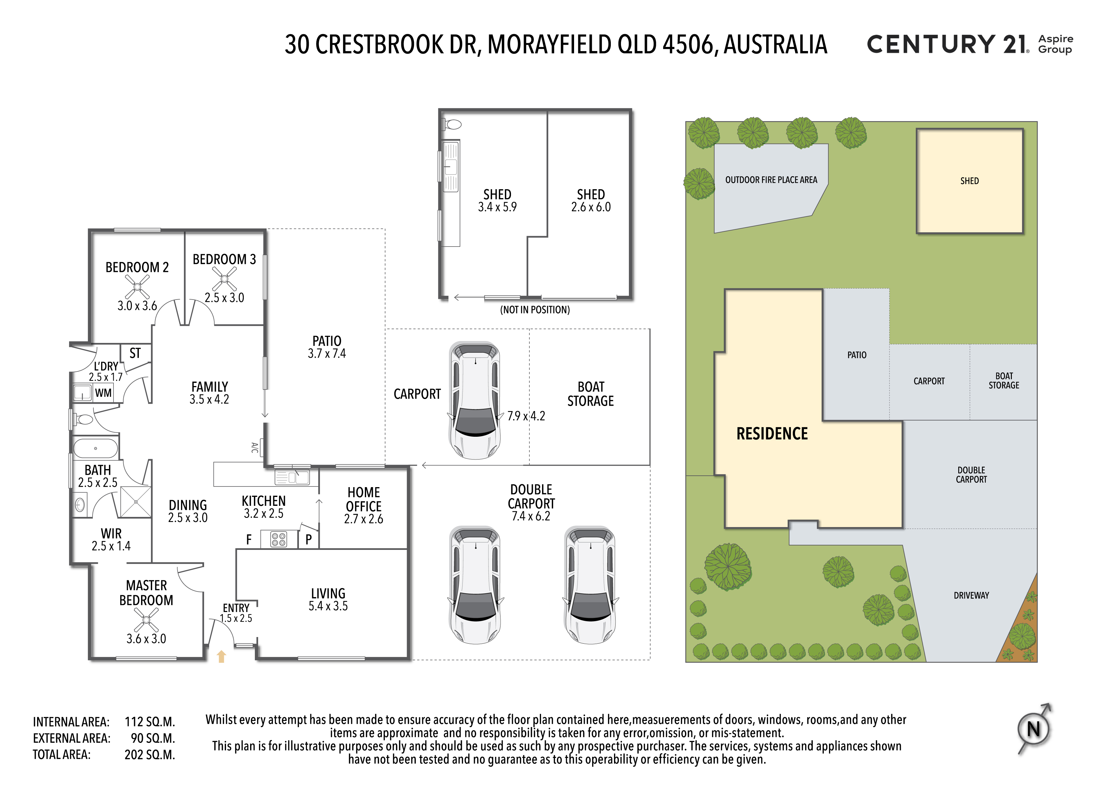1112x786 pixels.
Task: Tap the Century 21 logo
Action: [970, 44]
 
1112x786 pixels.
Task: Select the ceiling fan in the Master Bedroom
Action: [146, 620]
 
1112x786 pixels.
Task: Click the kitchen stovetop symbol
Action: [279, 539]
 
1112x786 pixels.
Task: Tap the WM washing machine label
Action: [103, 393]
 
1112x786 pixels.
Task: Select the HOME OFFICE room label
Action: [364, 499]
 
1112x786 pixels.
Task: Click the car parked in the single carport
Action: [475, 401]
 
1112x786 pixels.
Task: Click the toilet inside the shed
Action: [452, 125]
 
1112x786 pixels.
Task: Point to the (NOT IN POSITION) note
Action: [535, 310]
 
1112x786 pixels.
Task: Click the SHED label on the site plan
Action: [970, 181]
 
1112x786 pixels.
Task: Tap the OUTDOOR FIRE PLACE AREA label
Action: [771, 180]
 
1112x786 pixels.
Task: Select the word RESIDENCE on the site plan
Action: [772, 434]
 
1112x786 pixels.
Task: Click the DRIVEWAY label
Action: [972, 595]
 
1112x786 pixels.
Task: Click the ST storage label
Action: [135, 353]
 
